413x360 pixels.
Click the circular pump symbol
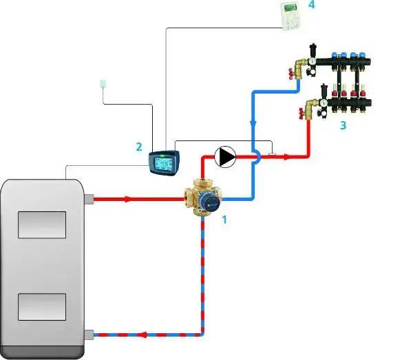click(224, 157)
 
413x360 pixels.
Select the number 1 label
click(224, 220)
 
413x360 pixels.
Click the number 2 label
click(139, 147)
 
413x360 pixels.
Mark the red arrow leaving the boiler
click(127, 200)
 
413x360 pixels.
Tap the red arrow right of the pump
click(285, 157)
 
